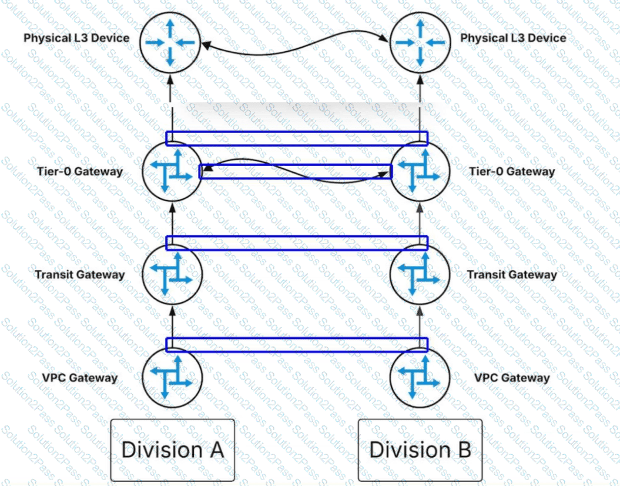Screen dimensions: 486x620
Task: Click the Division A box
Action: click(x=172, y=450)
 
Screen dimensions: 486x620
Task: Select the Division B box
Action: click(x=420, y=450)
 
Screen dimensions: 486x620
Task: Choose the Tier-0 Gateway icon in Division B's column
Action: click(x=420, y=171)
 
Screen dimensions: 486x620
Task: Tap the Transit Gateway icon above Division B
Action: click(x=420, y=274)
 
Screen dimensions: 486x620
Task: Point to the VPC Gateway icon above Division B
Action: click(x=420, y=378)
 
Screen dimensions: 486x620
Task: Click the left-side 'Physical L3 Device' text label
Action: click(x=76, y=38)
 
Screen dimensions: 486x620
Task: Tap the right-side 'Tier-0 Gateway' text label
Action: click(x=511, y=172)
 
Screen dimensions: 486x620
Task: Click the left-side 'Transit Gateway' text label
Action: click(x=79, y=275)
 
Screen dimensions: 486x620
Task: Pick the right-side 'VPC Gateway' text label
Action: click(x=511, y=378)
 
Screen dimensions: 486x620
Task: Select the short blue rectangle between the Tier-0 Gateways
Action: click(x=296, y=171)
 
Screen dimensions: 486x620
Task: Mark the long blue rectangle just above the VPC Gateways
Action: click(x=297, y=344)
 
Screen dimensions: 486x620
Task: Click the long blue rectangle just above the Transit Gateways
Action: click(x=297, y=242)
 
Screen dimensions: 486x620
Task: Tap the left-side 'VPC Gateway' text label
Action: click(x=79, y=378)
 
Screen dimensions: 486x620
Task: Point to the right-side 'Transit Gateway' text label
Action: click(x=511, y=275)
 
